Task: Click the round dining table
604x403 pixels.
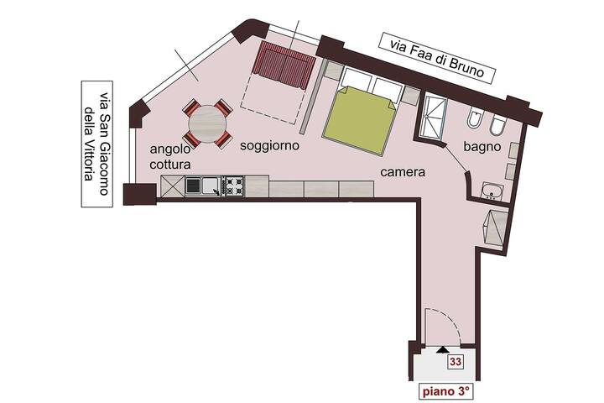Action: coord(207,123)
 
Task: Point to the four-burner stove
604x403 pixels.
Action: coord(233,186)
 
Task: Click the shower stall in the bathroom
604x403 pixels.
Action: coord(435,118)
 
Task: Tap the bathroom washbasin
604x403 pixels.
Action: coord(492,191)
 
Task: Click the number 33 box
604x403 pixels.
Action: coord(456,362)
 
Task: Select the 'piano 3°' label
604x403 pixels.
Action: coord(446,391)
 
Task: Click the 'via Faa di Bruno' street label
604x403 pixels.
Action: coord(436,59)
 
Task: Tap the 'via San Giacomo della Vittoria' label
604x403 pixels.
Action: coord(96,144)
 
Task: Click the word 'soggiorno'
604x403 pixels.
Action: coord(269,146)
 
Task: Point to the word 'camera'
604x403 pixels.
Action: coord(403,172)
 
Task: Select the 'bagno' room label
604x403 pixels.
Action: coord(482,147)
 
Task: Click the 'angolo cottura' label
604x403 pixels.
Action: coord(170,156)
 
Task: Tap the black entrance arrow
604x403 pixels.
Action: coord(443,349)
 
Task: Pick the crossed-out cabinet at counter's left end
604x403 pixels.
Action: coord(173,186)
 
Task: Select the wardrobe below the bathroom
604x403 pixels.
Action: coord(496,228)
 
